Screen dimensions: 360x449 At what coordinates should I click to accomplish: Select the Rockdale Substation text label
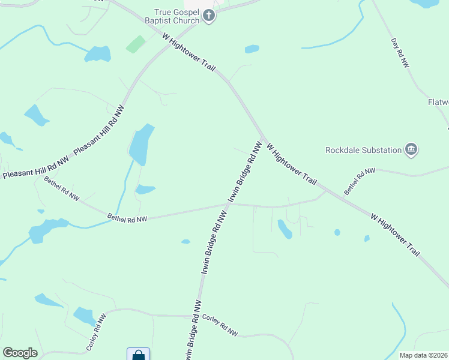(x=363, y=150)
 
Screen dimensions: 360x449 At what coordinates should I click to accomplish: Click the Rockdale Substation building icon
(x=411, y=149)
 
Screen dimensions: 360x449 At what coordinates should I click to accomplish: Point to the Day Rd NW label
(x=400, y=52)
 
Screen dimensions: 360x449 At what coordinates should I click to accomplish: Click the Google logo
(x=20, y=353)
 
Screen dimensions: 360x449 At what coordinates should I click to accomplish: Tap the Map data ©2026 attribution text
(x=423, y=355)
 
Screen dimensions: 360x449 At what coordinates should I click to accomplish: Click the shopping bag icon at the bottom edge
(x=139, y=355)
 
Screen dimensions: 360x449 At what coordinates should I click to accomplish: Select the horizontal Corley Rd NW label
(x=220, y=325)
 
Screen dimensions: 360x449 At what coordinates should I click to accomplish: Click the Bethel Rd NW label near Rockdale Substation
(x=360, y=181)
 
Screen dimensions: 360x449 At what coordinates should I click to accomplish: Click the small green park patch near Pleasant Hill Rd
(x=136, y=44)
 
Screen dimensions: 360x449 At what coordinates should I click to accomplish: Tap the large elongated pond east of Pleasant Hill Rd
(x=140, y=145)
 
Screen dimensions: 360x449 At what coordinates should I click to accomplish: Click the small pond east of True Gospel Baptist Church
(x=252, y=49)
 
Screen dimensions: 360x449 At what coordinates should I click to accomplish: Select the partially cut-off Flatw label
(x=438, y=102)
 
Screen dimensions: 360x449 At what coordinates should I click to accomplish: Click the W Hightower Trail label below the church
(x=188, y=52)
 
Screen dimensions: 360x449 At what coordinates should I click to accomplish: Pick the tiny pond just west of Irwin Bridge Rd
(x=185, y=242)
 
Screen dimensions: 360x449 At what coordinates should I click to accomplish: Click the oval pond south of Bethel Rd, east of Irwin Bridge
(x=285, y=229)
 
